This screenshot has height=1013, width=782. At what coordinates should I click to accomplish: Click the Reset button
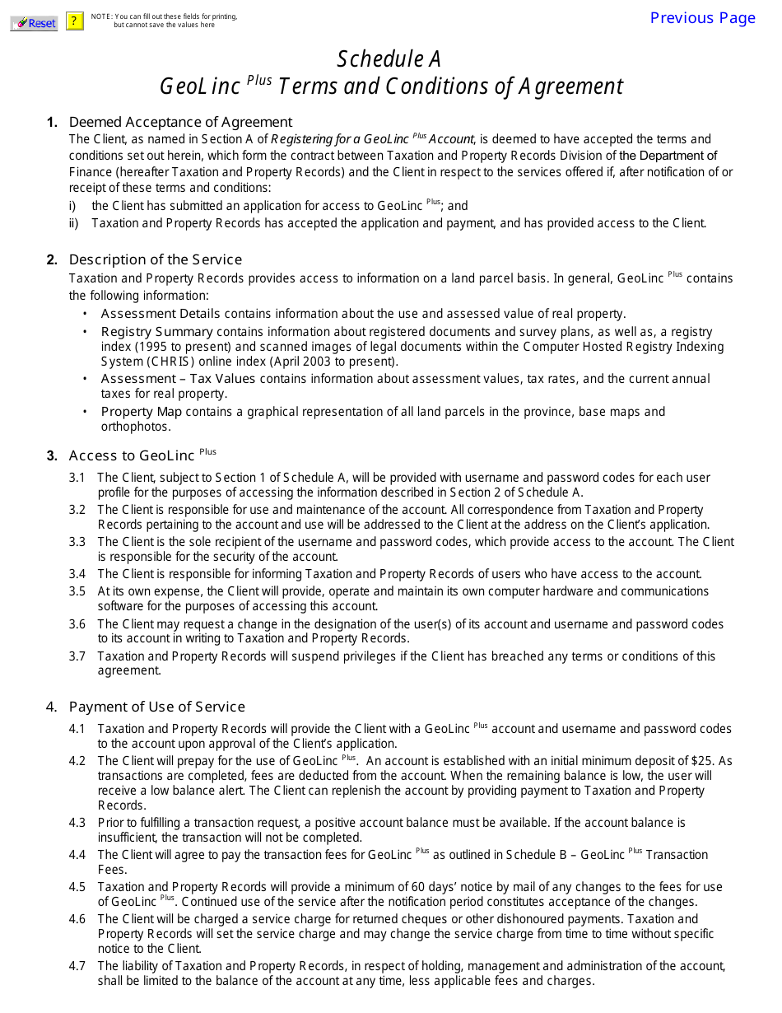[34, 23]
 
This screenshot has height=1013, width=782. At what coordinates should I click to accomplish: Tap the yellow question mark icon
[75, 21]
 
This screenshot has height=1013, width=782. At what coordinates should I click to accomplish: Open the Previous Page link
[702, 18]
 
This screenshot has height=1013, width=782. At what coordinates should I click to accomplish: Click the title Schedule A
[389, 58]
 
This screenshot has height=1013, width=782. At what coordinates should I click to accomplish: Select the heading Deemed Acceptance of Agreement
[180, 122]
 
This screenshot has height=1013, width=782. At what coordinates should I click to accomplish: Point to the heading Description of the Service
[156, 259]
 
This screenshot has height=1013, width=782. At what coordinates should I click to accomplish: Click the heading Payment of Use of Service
[157, 707]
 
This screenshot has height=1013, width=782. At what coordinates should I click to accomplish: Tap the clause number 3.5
[77, 591]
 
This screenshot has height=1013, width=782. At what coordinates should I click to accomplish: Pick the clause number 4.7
[77, 966]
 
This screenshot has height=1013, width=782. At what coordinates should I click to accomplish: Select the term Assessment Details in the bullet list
[161, 313]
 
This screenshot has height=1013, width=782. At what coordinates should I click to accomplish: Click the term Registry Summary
[157, 332]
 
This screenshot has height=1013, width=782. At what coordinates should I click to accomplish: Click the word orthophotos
[136, 427]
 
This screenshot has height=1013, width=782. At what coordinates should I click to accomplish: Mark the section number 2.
[52, 260]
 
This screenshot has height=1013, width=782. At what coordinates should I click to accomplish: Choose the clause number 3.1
[77, 478]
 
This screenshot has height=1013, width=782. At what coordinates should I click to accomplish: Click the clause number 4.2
[77, 761]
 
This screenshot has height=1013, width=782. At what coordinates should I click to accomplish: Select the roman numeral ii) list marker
[73, 223]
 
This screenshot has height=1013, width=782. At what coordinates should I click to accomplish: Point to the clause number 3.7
[77, 656]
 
